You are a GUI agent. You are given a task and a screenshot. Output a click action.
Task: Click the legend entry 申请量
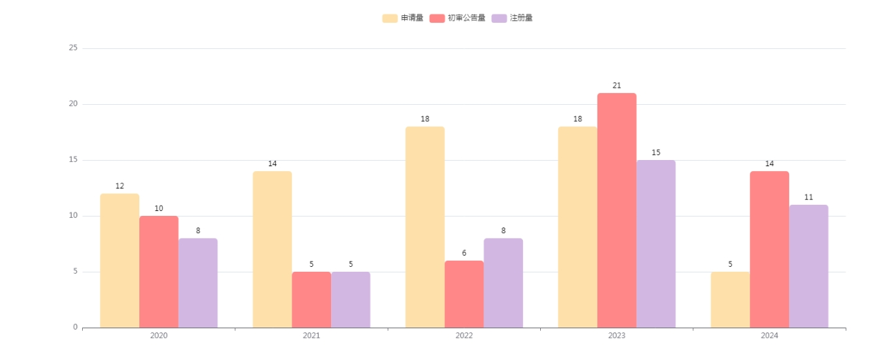click(403, 18)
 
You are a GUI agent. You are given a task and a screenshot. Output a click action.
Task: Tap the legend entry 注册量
click(512, 18)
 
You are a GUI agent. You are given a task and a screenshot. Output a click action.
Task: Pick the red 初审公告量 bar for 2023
click(617, 210)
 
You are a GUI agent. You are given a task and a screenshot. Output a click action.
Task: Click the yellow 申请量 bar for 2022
click(425, 227)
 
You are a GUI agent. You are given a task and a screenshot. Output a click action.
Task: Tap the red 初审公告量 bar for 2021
click(311, 299)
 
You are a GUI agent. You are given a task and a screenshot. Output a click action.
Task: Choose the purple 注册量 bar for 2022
click(503, 283)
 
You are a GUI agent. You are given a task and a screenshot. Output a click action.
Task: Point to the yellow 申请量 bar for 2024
click(730, 299)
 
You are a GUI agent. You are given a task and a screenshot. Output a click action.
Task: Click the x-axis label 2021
click(311, 336)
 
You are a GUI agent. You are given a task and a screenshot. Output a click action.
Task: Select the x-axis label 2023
click(617, 336)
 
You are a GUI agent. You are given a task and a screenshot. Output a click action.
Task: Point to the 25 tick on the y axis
click(73, 48)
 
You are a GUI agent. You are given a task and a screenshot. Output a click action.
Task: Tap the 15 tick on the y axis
click(73, 160)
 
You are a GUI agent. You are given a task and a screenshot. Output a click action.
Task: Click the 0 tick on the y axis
click(75, 328)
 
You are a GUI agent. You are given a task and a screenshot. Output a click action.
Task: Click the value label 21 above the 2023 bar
click(617, 86)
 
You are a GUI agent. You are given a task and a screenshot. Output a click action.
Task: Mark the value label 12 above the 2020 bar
click(119, 186)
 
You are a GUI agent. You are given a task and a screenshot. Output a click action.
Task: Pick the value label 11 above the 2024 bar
click(808, 197)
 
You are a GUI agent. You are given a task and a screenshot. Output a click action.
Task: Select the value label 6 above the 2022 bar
click(464, 253)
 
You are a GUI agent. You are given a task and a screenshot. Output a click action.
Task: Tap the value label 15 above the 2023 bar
click(656, 152)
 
